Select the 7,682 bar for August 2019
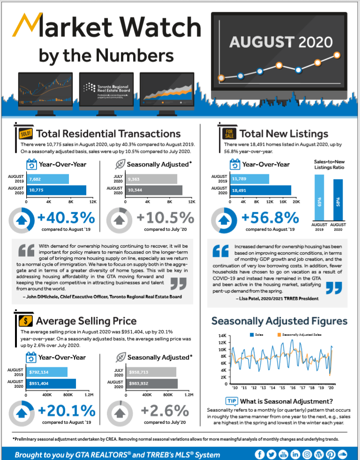(48, 179)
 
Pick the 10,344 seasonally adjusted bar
(154, 190)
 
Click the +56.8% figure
(270, 218)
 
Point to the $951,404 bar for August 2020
(51, 384)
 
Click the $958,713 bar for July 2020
(150, 372)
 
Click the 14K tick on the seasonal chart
(223, 336)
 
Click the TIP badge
(232, 401)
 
